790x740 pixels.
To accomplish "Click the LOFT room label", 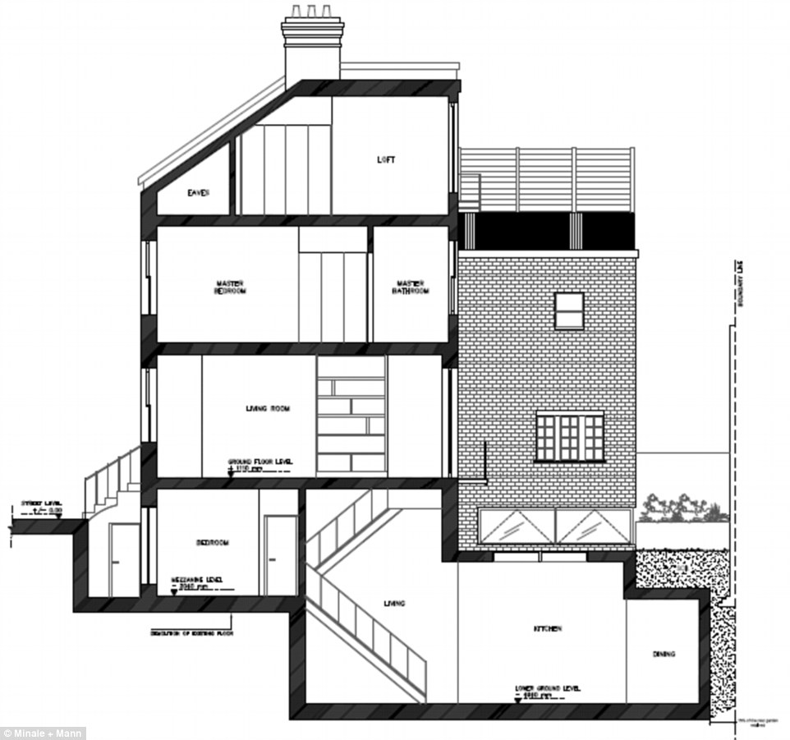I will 385,160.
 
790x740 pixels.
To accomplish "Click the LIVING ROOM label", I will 268,408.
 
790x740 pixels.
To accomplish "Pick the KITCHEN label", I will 547,628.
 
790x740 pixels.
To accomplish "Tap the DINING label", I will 664,655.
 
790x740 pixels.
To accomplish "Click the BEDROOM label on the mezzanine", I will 212,543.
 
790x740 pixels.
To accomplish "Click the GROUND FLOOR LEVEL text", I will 257,463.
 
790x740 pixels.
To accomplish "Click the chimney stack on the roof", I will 312,49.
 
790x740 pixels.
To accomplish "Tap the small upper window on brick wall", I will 568,310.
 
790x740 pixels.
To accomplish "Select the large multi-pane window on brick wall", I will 570,437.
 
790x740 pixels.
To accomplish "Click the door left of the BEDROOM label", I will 125,558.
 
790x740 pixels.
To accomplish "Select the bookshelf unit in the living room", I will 351,415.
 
